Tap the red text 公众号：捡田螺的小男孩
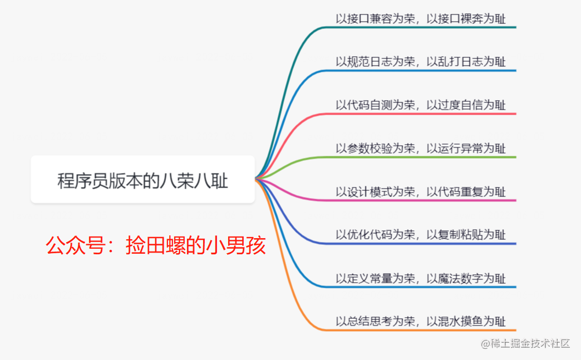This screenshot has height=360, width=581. coord(156,245)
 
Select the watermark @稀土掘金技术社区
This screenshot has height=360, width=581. coord(525,344)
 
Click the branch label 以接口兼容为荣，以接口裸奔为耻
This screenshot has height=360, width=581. coord(421,18)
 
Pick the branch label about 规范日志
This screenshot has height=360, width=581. coord(421,61)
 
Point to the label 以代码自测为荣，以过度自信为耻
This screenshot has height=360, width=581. coord(421,105)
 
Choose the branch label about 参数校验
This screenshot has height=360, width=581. coord(421,148)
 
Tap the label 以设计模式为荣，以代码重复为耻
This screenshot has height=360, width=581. coord(421,191)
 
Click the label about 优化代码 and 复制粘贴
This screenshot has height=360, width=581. coord(421,234)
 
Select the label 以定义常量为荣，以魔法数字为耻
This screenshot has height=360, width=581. coord(421,278)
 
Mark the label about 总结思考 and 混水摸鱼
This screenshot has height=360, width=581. coord(421,321)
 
